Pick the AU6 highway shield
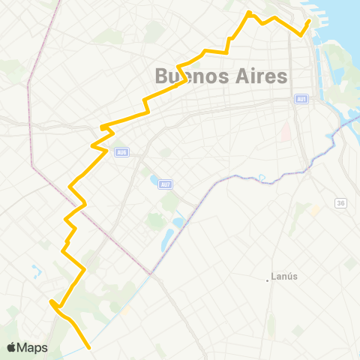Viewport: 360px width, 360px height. [x=121, y=151]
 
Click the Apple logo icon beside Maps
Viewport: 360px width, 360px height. [x=12, y=347]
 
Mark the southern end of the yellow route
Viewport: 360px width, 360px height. [x=90, y=347]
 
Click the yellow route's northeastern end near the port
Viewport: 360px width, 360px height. [x=309, y=20]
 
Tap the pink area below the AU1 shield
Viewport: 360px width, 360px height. [x=286, y=132]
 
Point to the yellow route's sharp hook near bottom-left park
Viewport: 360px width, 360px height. [x=51, y=303]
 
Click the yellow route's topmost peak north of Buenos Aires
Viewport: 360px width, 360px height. [x=250, y=12]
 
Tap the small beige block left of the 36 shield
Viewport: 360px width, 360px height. [x=316, y=211]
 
